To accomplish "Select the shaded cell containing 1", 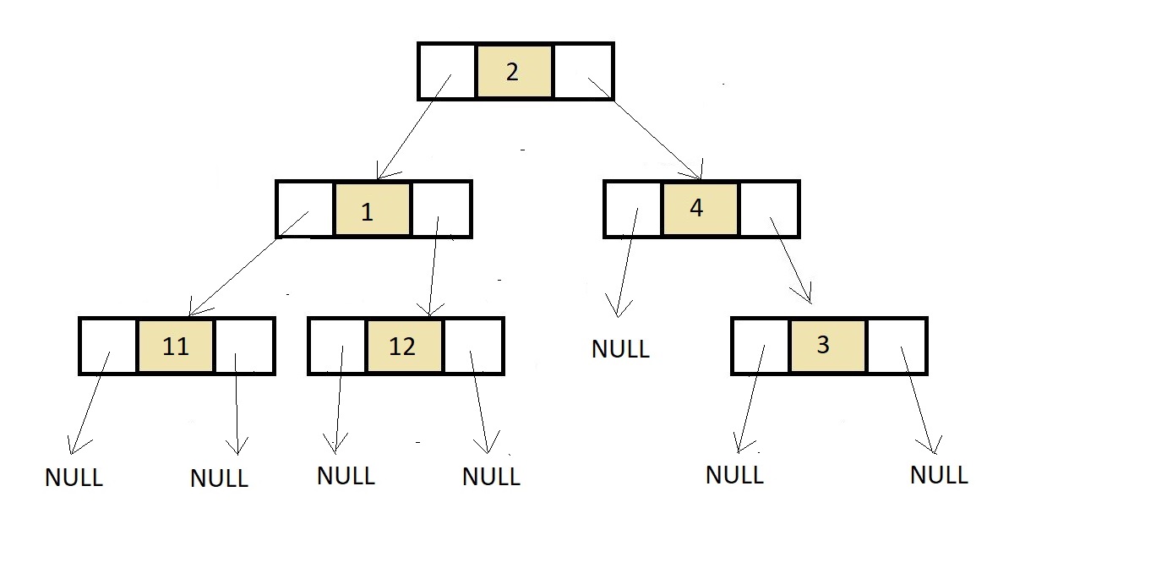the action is pos(373,209).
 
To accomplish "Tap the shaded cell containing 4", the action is pos(701,209).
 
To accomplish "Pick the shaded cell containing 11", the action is pos(176,346).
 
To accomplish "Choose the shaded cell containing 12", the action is pos(404,346).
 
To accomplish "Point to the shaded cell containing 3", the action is pos(828,346).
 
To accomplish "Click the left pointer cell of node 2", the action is pos(447,71).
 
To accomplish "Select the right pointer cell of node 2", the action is pos(582,71).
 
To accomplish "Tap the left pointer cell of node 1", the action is pos(306,209).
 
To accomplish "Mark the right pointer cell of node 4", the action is pos(769,209).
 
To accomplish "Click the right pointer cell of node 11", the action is pos(244,346).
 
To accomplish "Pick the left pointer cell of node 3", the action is pos(761,346).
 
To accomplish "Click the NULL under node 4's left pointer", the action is pos(620,349).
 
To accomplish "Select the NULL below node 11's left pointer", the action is pos(74,477).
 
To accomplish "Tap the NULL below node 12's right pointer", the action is pos(491,476).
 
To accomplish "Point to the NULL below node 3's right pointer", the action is pos(939,474).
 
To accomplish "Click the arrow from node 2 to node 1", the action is pos(414,127).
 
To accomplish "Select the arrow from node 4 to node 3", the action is pos(791,260).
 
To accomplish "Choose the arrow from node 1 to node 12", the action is pos(433,266).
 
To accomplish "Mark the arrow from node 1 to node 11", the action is pos(248,264).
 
